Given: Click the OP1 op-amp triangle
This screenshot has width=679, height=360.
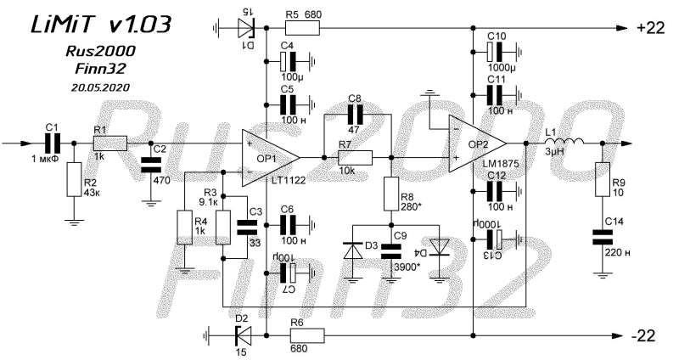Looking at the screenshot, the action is pos(268,158).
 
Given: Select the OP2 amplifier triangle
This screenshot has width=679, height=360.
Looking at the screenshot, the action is pos(475,143).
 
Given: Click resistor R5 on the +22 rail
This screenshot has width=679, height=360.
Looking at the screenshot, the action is pos(302,28).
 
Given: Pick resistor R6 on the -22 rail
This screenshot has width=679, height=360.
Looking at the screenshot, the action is pos(307,335).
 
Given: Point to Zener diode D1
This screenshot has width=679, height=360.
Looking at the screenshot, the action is pos(245,29).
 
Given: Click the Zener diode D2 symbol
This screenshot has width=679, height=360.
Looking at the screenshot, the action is pos(244,335).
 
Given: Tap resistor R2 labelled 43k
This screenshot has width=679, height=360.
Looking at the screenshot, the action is pos(74,179).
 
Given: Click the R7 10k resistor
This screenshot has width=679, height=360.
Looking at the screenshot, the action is pos(355,158).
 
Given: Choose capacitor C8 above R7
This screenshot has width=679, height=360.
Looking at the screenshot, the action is pos(355,115).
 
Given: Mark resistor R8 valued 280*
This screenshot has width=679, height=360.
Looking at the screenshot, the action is pos(391,194).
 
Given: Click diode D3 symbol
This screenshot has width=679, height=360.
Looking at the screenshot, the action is pos(353,250).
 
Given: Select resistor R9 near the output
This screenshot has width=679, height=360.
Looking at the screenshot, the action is pos(603,179).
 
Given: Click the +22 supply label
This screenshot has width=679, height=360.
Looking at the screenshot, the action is pos(650,28).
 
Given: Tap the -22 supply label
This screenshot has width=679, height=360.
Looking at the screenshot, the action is pos(645,335).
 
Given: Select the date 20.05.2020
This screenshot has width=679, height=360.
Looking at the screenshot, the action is pos(100,87).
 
